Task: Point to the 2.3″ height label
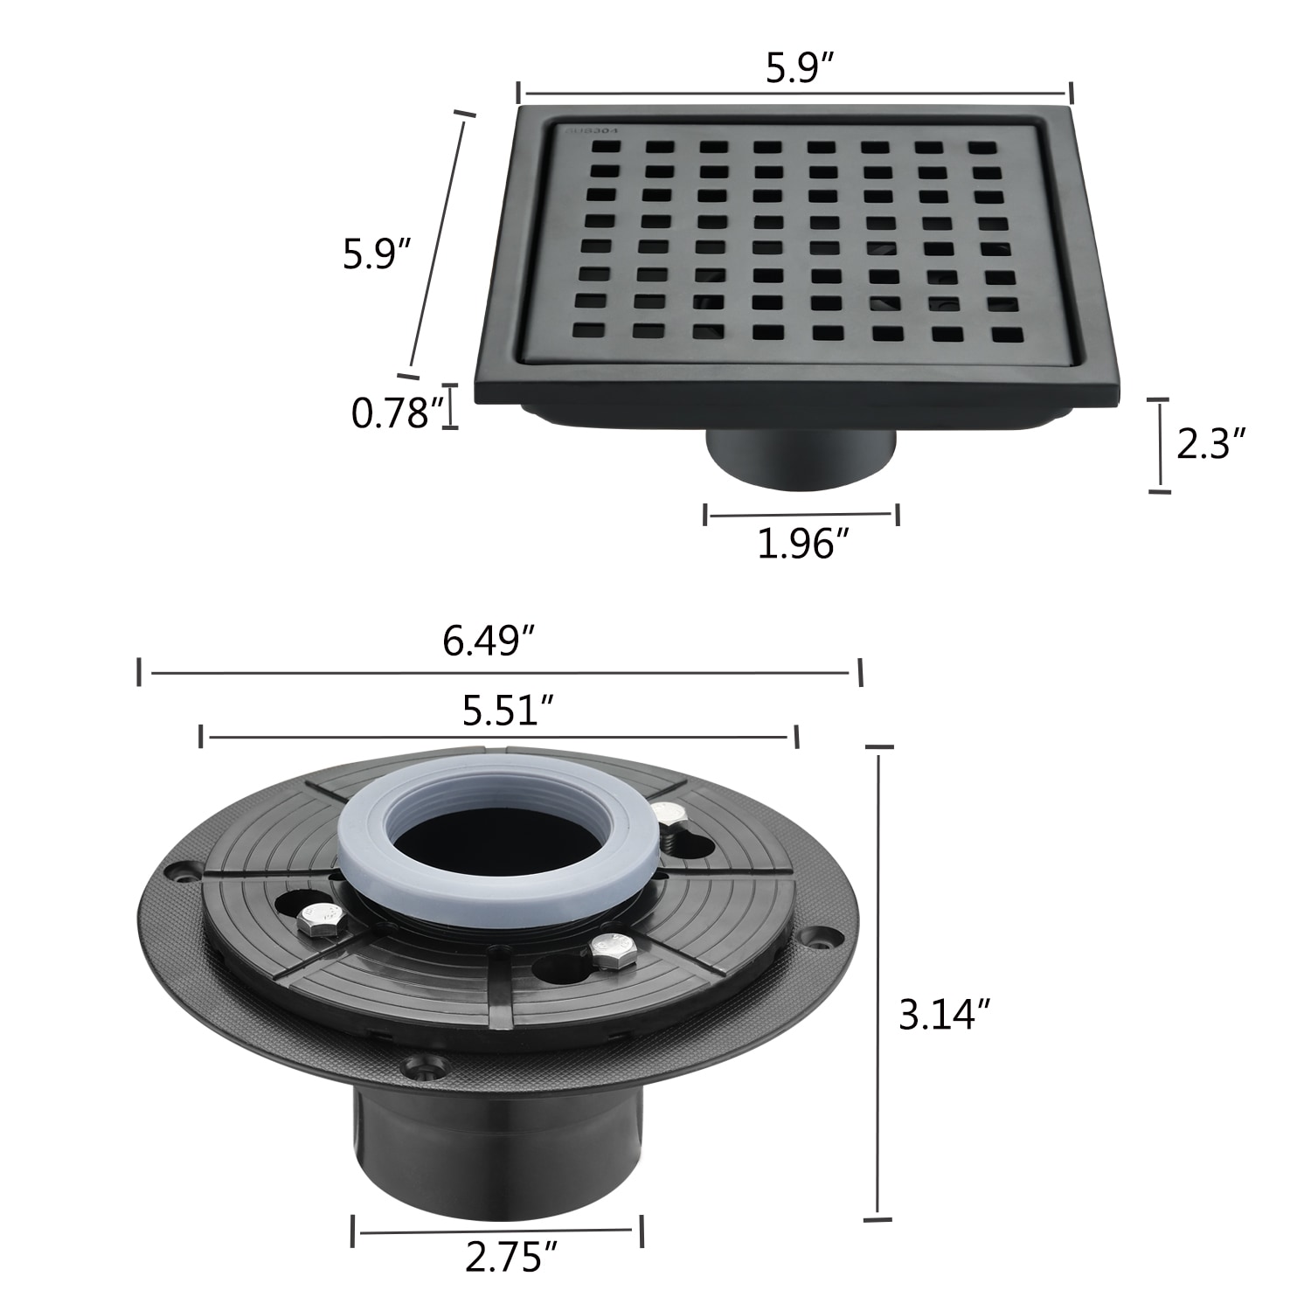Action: (1210, 444)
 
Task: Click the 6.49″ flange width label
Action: (489, 643)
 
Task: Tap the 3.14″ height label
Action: (945, 1016)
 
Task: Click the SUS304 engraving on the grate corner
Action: (591, 130)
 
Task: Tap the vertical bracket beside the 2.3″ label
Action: (1159, 446)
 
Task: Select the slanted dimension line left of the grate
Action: (434, 245)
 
